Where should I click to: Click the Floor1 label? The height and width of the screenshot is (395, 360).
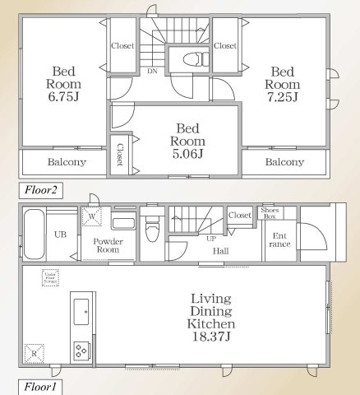coord(37,385)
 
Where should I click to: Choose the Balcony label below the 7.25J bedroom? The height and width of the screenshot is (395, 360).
coord(284,162)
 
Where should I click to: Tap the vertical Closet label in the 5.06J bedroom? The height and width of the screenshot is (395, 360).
coord(120,154)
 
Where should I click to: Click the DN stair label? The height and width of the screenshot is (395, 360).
coord(152,72)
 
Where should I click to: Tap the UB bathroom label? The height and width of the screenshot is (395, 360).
coord(60,234)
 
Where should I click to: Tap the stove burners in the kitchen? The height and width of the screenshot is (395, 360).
coord(83,348)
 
